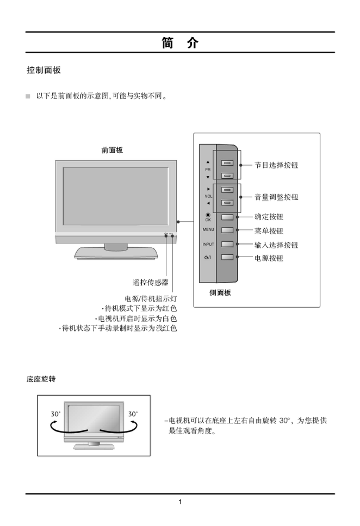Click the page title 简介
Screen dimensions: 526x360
coord(180,43)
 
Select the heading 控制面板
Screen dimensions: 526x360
coord(44,71)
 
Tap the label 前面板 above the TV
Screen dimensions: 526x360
coord(112,151)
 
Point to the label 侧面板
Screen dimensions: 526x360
coord(220,292)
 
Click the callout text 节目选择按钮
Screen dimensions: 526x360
coord(276,165)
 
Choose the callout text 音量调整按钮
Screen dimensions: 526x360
coord(276,197)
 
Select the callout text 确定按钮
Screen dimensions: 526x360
coord(269,216)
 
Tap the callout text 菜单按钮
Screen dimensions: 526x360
coord(269,231)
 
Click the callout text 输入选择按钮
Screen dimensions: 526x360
coord(276,245)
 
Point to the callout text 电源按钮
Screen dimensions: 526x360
coord(269,258)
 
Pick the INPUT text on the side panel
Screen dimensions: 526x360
coord(208,245)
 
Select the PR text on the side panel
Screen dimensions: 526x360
coord(208,170)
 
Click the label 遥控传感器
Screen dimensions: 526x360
coord(151,282)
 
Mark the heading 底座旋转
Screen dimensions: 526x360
coord(41,378)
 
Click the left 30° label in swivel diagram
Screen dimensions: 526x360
coord(56,414)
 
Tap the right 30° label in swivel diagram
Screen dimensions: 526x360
coord(133,414)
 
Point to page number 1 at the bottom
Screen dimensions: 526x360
coord(180,502)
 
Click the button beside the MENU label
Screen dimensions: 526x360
coord(227,230)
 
